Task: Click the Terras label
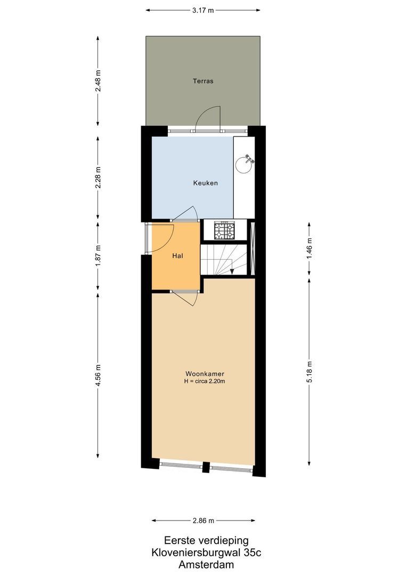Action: coord(203,82)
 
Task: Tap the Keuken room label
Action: coord(205,183)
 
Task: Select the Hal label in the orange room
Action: coord(178,256)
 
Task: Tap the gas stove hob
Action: coord(224,231)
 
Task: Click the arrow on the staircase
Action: coord(233,271)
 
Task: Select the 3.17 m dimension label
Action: coord(203,10)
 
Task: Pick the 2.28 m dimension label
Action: coord(98,178)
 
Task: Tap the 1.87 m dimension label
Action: coord(98,256)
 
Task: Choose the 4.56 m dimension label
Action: coord(98,374)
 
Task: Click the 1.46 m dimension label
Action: coord(310,249)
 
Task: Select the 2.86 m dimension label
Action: coord(203,521)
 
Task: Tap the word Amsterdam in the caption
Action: coord(206,564)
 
